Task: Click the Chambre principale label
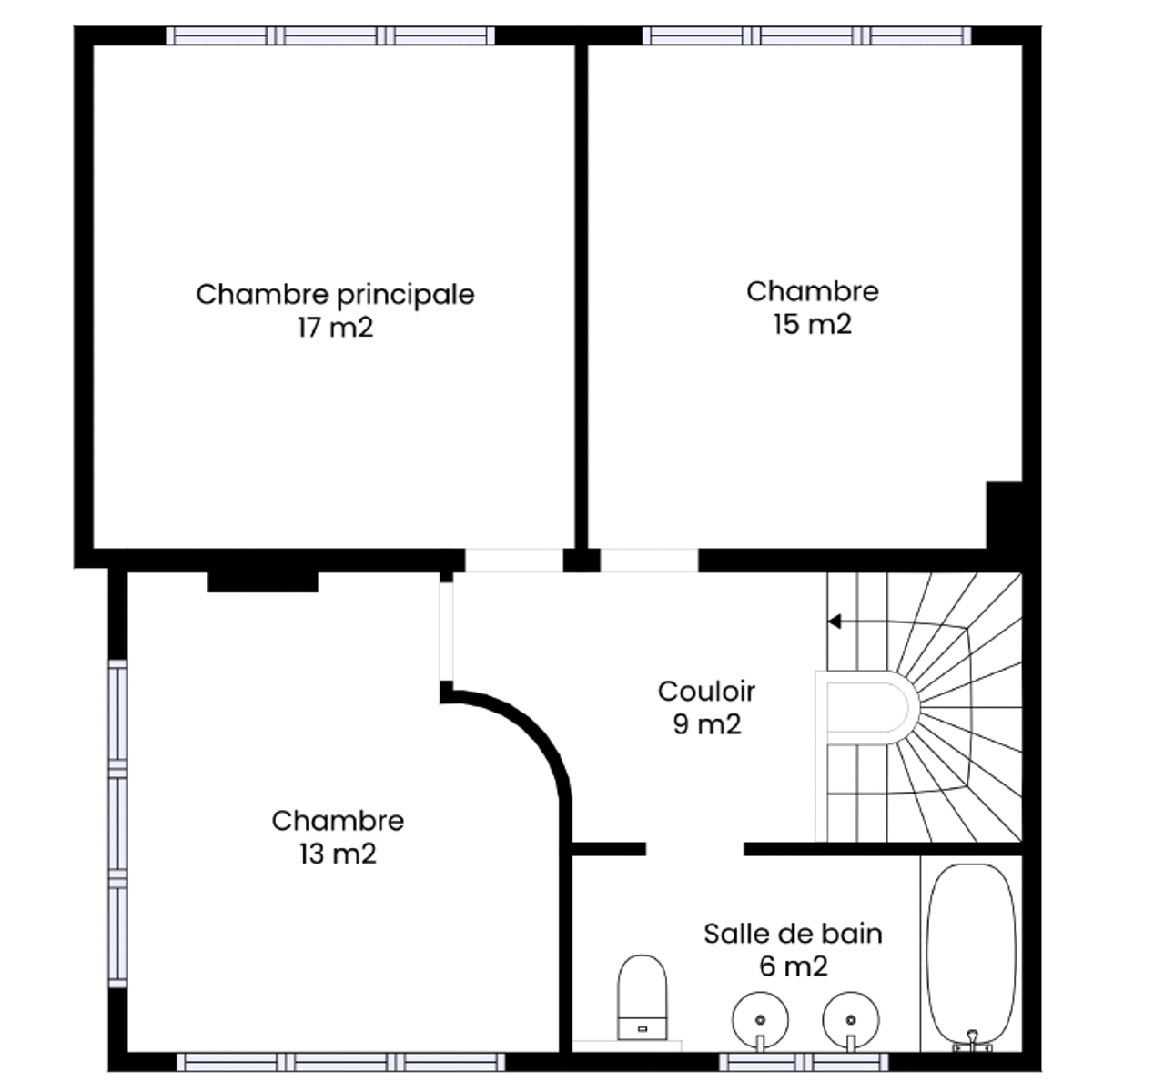coord(335,295)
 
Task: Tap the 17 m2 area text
coord(335,328)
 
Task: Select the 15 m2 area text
coord(813,325)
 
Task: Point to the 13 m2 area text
coord(338,854)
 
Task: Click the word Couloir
coord(706,692)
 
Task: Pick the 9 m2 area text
coord(707,724)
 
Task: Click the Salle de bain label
coord(793,935)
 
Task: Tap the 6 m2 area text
coord(794,966)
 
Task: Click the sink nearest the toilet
coord(760,1021)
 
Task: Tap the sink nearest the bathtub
coord(851,1021)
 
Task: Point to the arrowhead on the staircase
coord(835,622)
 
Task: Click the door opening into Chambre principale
coord(513,561)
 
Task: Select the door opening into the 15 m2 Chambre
coord(649,561)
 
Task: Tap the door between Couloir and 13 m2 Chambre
coord(446,632)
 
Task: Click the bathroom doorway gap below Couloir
coord(694,849)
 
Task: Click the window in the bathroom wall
coord(804,1062)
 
